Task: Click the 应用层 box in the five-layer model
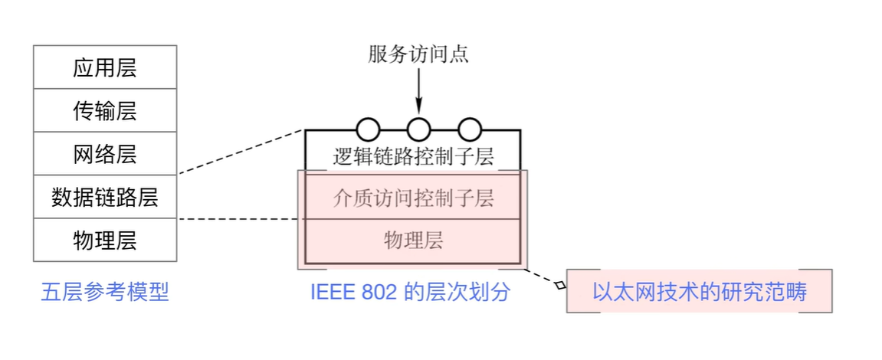pyautogui.click(x=105, y=67)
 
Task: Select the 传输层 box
pyautogui.click(x=105, y=110)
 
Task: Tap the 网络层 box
pyautogui.click(x=105, y=154)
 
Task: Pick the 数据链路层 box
pyautogui.click(x=105, y=197)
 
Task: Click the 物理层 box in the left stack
pyautogui.click(x=105, y=240)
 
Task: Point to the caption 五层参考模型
pyautogui.click(x=105, y=293)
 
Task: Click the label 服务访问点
pyautogui.click(x=418, y=54)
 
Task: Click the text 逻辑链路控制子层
pyautogui.click(x=414, y=157)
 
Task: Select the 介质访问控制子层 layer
pyautogui.click(x=414, y=198)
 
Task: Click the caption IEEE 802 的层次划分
pyautogui.click(x=410, y=293)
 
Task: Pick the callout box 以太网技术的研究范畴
pyautogui.click(x=699, y=291)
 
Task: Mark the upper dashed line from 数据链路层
pyautogui.click(x=241, y=152)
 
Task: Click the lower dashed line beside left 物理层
pyautogui.click(x=238, y=220)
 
